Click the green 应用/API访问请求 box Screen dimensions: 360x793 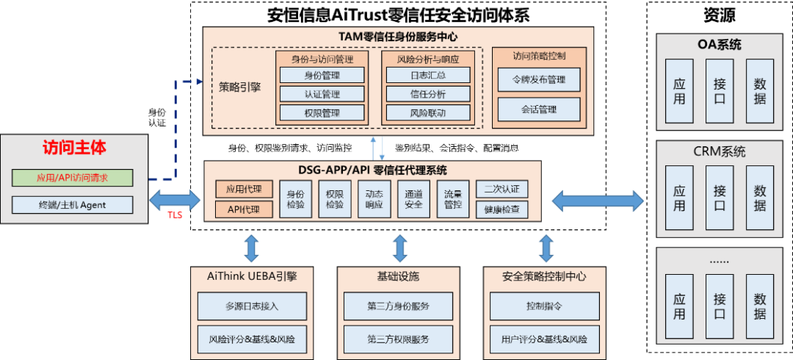[x=72, y=178]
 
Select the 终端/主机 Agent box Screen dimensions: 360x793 [x=72, y=205]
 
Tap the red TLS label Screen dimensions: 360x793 [x=174, y=215]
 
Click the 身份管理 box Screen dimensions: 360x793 [x=322, y=75]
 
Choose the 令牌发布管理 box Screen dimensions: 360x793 [x=538, y=79]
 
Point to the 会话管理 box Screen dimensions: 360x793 [x=538, y=109]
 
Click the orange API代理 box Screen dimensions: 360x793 [x=245, y=209]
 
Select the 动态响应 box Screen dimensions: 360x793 [x=374, y=199]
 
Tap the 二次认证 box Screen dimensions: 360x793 [x=501, y=189]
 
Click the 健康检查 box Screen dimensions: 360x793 [x=501, y=209]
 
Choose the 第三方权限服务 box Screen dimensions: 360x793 [x=399, y=339]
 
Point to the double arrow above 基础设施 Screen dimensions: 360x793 [x=399, y=248]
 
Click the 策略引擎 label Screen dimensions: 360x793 [x=240, y=87]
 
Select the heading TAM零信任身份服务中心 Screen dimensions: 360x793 [x=399, y=36]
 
